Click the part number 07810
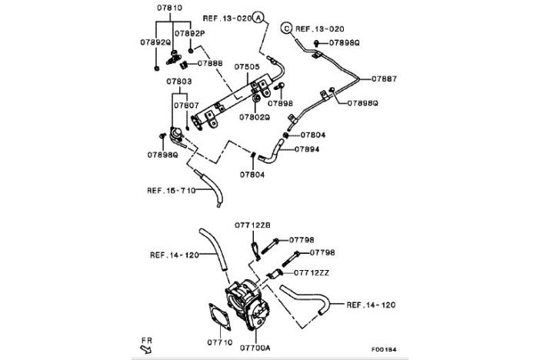click(169, 8)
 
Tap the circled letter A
click(258, 17)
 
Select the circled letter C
click(286, 28)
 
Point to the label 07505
click(247, 66)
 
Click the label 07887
click(384, 79)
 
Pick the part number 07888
click(210, 63)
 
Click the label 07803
click(179, 82)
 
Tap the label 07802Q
click(255, 118)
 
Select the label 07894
click(307, 149)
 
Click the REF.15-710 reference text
click(172, 191)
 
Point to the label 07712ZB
click(252, 225)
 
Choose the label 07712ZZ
click(312, 273)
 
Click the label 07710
click(220, 342)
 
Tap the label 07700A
click(255, 348)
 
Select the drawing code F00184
click(384, 349)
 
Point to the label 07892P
click(189, 33)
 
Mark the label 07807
click(186, 105)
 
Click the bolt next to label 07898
click(279, 86)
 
